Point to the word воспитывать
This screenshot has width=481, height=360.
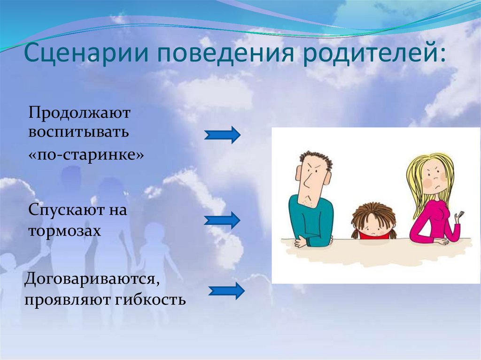(78, 132)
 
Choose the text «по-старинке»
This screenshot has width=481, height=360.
(86, 155)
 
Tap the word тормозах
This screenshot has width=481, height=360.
(65, 230)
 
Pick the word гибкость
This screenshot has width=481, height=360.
(150, 299)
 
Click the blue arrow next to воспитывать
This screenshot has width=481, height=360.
(222, 135)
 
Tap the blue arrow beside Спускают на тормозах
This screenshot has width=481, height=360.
(222, 220)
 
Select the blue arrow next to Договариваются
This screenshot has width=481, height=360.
(227, 291)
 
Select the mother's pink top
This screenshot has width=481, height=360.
(433, 221)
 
